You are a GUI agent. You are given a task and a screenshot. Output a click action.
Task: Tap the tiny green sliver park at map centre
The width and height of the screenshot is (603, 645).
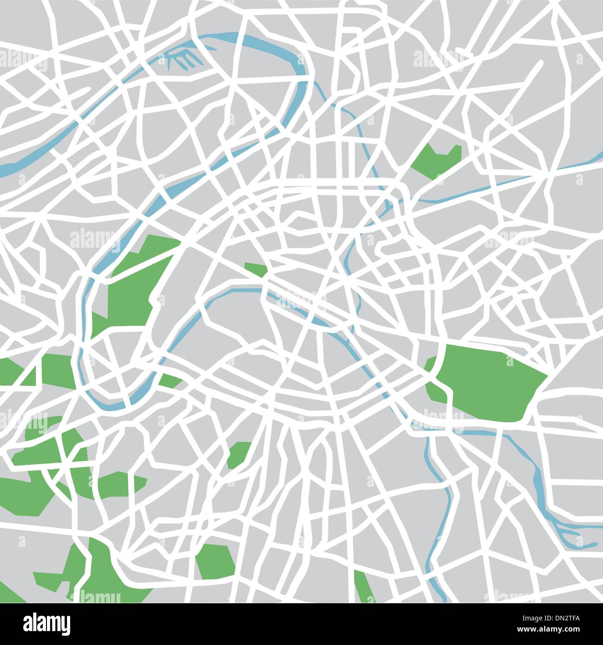click(x=255, y=269)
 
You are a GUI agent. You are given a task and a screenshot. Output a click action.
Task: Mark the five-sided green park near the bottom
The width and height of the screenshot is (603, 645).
click(x=215, y=561)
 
